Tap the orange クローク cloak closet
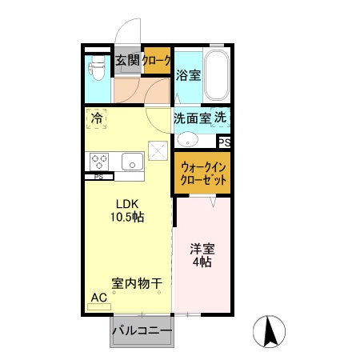pos(158,59)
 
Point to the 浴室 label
pos(189,76)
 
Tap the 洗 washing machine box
pos(221,117)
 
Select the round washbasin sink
pos(186,138)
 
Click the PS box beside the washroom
pos(225,142)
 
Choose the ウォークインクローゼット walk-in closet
pos(203,174)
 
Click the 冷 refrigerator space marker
pos(97,118)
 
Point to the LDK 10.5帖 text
pos(127,210)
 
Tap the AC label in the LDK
pos(98,298)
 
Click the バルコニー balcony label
pos(142,330)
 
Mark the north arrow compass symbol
pos(270,331)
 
